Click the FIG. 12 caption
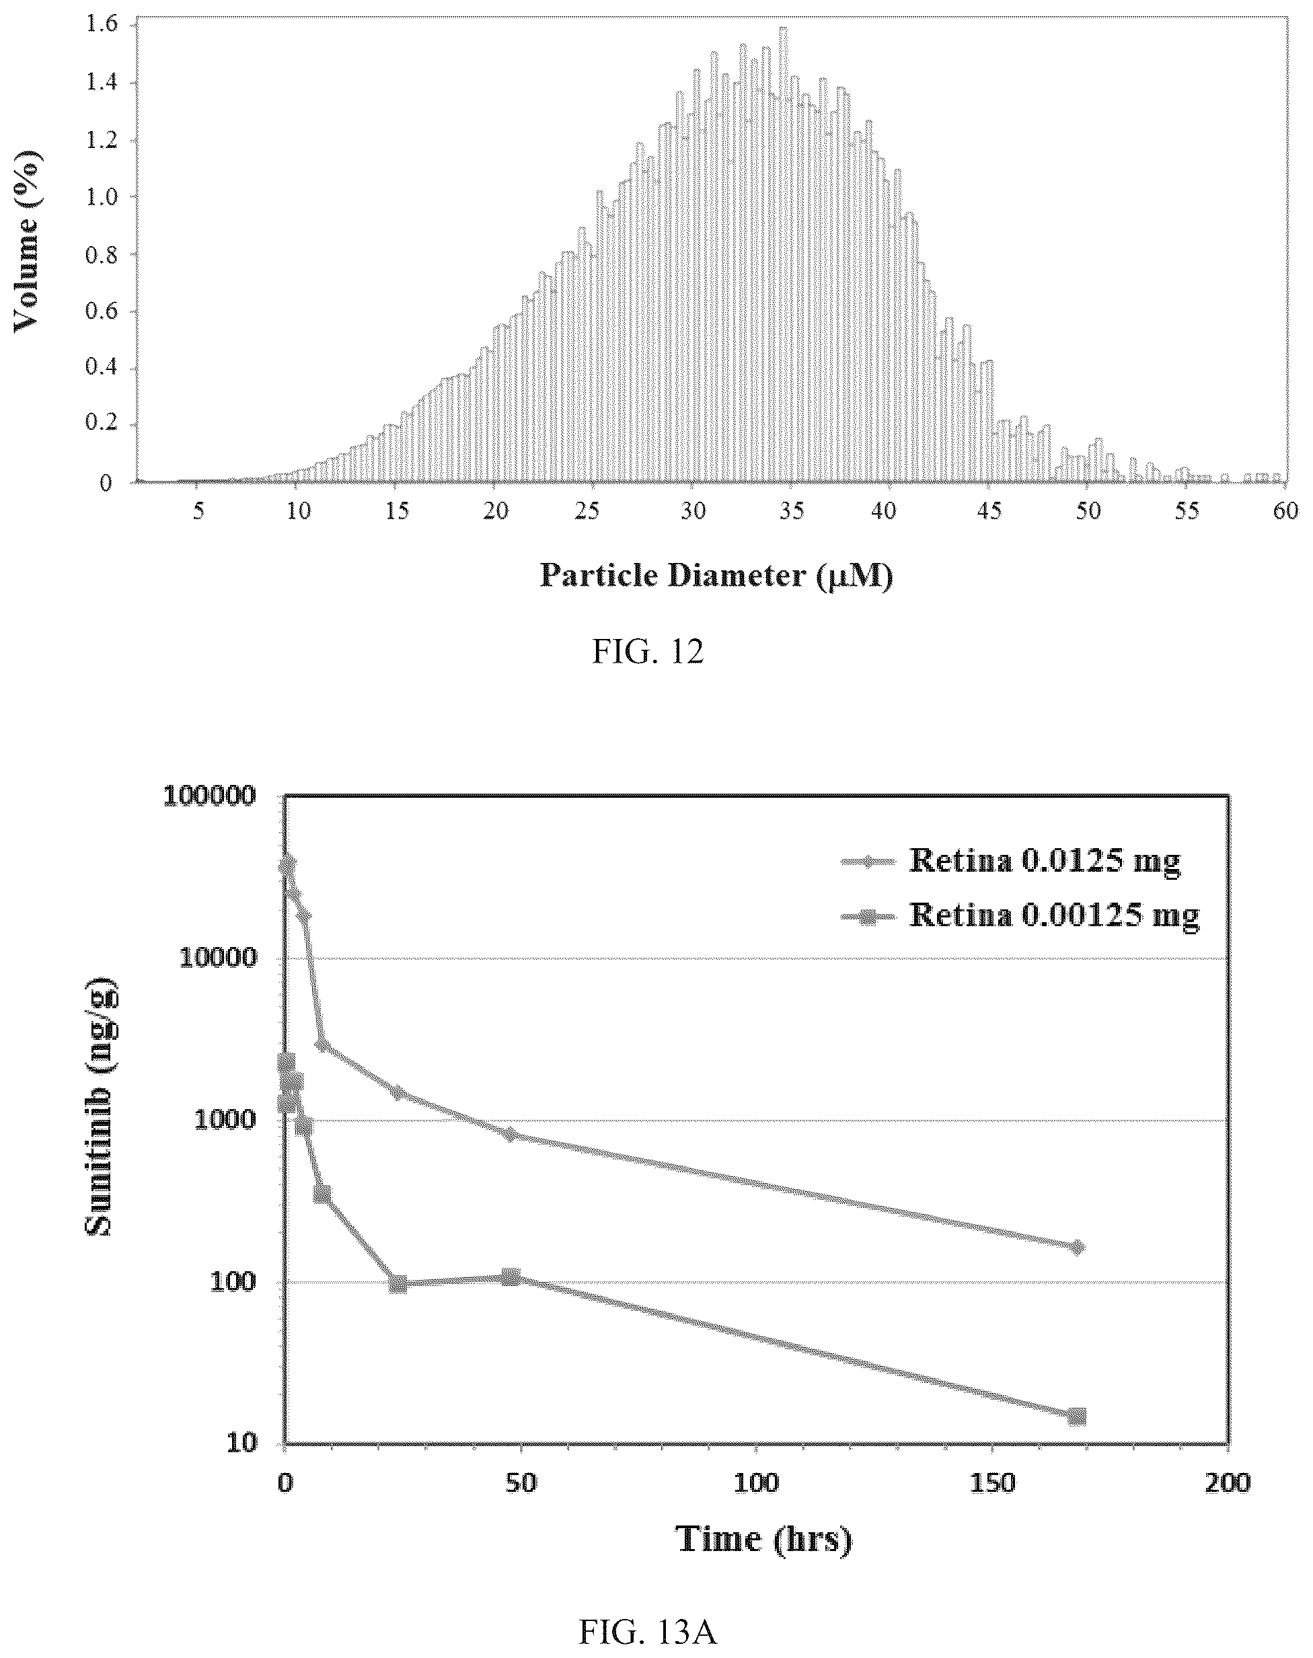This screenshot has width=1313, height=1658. tap(647, 652)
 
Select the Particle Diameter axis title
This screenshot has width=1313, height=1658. tap(716, 575)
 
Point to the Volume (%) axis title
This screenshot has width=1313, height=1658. tap(27, 241)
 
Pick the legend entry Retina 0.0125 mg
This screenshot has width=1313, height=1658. tap(1043, 861)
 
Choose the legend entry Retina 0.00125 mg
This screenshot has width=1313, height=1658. tap(1053, 915)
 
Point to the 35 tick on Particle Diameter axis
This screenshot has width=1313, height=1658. tap(792, 511)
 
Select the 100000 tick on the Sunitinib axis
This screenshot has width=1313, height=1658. tap(209, 797)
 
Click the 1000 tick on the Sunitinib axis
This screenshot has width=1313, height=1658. tap(225, 1121)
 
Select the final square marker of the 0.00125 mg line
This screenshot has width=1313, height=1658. tap(1077, 1416)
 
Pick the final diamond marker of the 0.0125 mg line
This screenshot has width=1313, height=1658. tap(1077, 1247)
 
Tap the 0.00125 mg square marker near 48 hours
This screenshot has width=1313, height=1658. tap(511, 1277)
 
